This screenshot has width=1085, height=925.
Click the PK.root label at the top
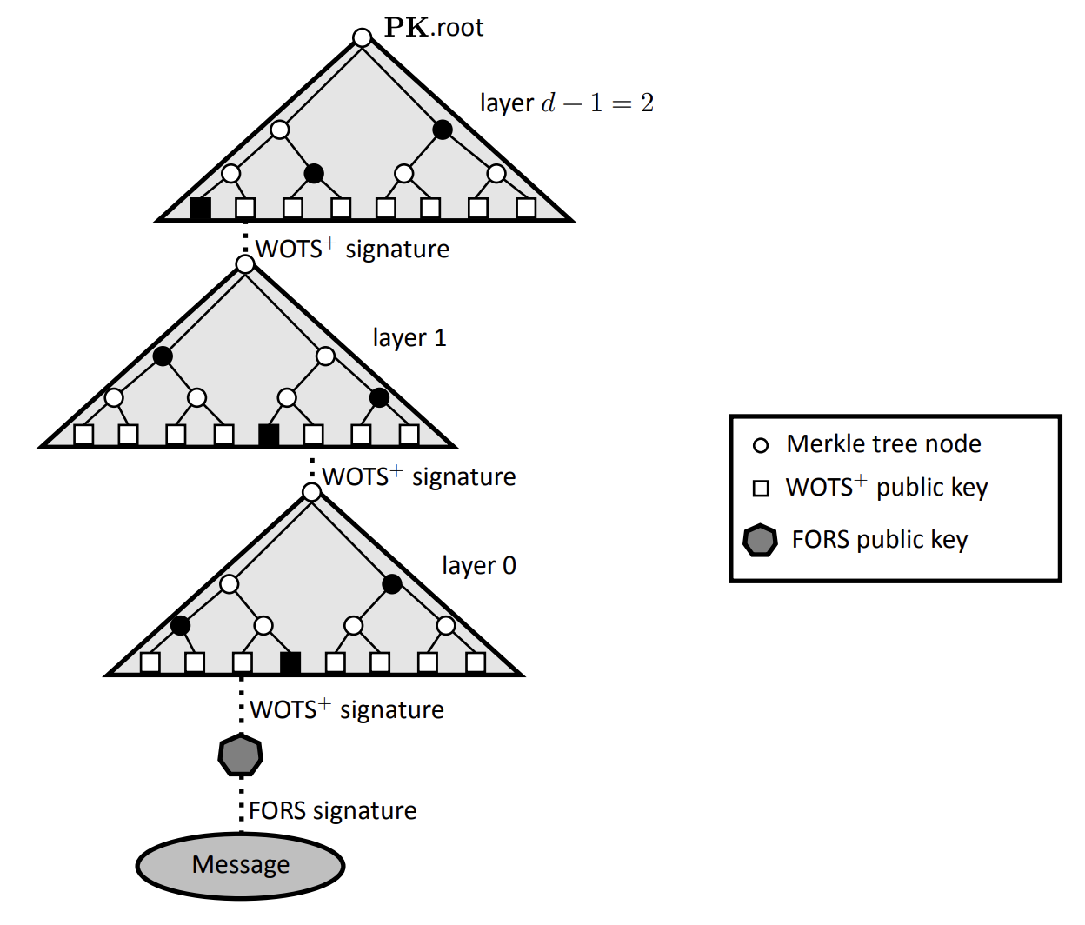coord(434,27)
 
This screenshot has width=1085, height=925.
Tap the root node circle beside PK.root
coord(363,37)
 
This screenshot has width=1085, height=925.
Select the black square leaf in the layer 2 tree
coord(201,208)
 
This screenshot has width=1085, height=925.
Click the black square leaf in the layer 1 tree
coord(269,435)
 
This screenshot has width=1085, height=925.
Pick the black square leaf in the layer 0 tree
coord(290,662)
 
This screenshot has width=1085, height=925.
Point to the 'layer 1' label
coord(409,337)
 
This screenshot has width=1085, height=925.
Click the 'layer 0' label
coord(479,565)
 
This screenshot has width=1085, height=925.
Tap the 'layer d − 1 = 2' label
coord(567,103)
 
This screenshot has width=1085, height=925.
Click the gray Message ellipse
coord(241,866)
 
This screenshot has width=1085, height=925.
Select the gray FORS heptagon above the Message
coord(241,755)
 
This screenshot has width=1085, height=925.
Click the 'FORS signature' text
coord(332,810)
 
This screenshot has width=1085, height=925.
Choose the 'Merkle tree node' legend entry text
coord(883,444)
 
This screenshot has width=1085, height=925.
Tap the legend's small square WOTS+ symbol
coord(761,489)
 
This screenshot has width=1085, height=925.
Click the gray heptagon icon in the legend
coord(760,540)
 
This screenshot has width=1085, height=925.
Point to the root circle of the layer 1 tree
coord(245,264)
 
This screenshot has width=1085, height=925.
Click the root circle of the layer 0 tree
coord(312,492)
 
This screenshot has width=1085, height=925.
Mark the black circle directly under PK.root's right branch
coord(443,130)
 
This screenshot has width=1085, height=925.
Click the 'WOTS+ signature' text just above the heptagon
coord(347,709)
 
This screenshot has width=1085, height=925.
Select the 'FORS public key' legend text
coord(880,540)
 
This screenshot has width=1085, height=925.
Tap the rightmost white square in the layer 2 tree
coord(526,208)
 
